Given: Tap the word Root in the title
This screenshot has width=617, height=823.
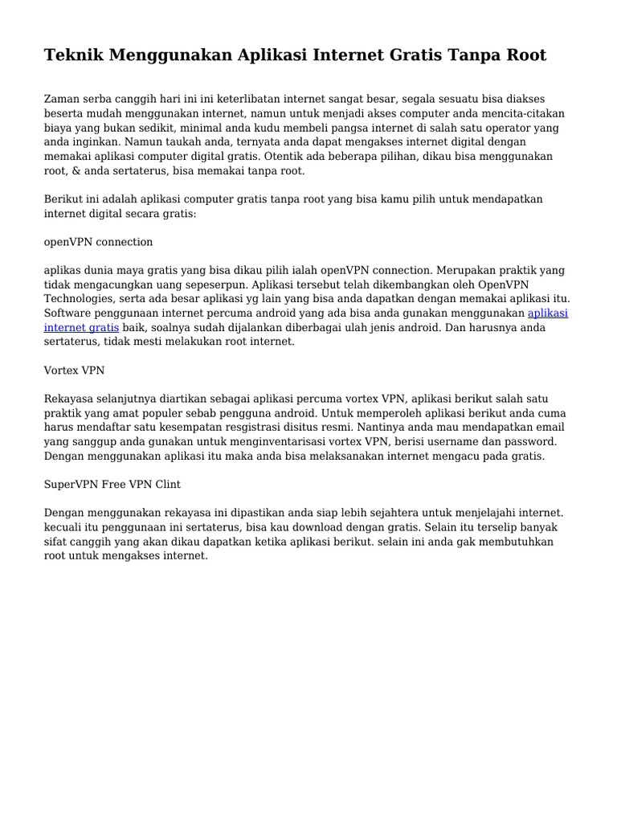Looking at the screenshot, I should click(x=523, y=55).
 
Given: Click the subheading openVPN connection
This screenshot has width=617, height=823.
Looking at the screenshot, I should click(x=98, y=242).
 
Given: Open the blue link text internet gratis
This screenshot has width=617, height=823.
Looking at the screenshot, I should click(x=81, y=327).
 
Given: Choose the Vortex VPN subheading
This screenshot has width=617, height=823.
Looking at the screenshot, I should click(x=74, y=371).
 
